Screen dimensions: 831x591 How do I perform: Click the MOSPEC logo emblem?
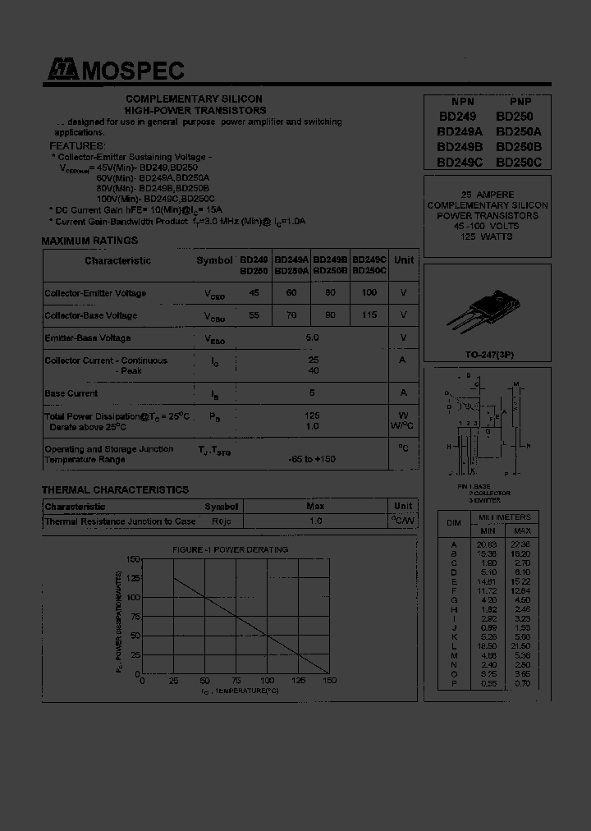point(59,71)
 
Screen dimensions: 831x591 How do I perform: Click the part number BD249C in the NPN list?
point(460,162)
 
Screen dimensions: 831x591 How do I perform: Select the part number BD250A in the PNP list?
point(519,131)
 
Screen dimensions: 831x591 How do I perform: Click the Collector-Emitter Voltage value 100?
point(369,293)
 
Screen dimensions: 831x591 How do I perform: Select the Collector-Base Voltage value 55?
point(254,315)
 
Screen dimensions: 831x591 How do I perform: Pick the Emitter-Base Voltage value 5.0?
point(312,337)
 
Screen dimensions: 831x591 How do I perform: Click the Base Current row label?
point(71,393)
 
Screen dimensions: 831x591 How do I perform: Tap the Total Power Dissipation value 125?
point(312,415)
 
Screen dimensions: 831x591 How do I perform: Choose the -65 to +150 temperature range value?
point(312,460)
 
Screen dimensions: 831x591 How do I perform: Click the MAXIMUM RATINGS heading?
point(89,241)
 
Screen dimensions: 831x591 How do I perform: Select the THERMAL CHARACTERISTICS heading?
point(115,489)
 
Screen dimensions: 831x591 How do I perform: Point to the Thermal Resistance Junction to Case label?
point(120,521)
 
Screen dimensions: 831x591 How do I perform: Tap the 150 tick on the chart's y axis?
point(132,559)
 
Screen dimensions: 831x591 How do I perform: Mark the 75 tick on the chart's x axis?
point(237,682)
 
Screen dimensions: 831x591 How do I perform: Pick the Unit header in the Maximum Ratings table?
point(403,260)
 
